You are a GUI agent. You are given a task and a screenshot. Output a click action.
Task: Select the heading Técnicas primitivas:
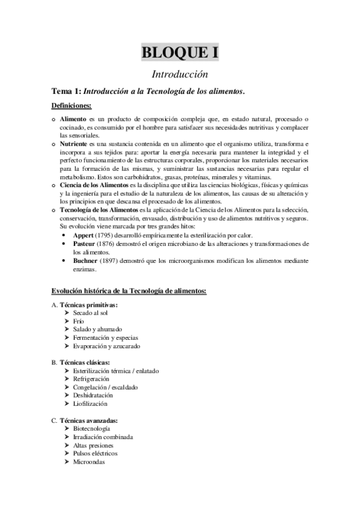pyautogui.click(x=88, y=306)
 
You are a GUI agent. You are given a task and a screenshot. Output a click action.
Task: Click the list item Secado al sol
pyautogui.click(x=90, y=313)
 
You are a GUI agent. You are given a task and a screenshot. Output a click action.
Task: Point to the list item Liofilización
pyautogui.click(x=90, y=404)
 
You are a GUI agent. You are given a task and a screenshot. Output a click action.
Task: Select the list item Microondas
pyautogui.click(x=89, y=462)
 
